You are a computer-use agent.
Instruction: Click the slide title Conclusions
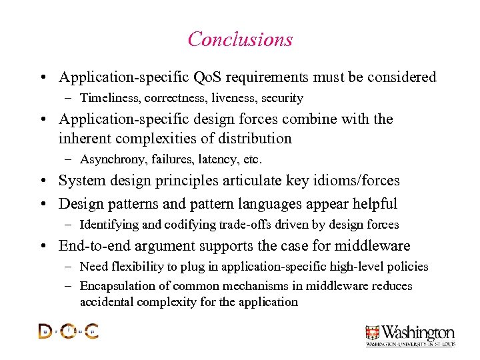pos(240,39)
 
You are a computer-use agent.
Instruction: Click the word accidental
pos(105,302)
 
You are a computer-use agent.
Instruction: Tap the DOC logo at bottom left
pos(69,331)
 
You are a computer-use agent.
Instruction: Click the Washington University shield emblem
pos(372,333)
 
